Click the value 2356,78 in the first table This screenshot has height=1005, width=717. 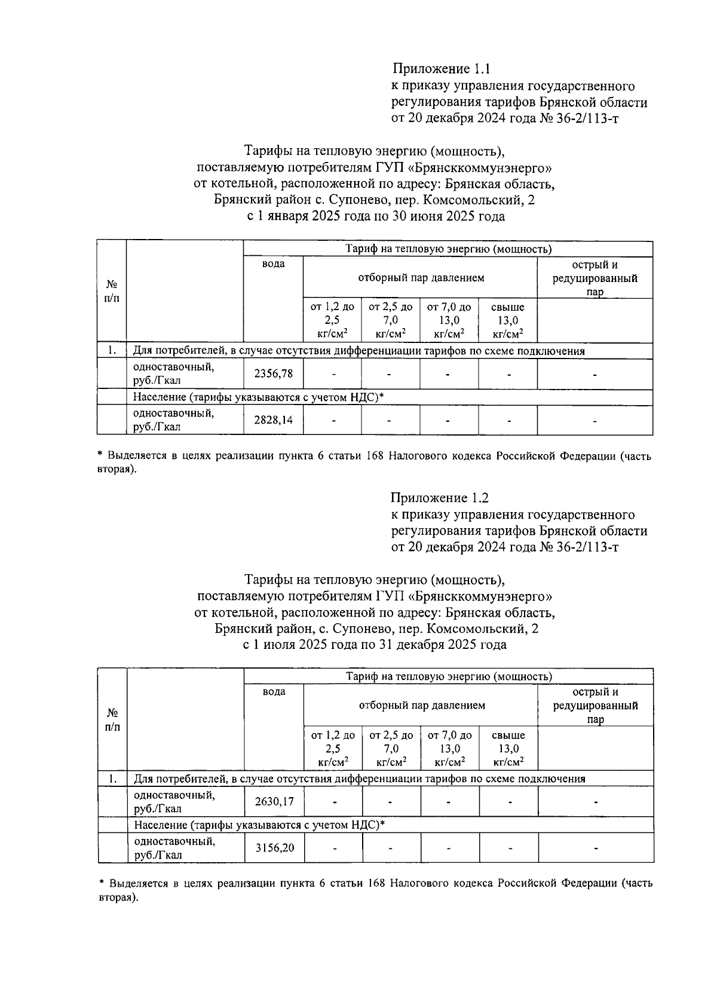[x=273, y=374]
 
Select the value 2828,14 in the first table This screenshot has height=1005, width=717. [x=273, y=420]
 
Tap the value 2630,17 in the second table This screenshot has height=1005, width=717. [x=274, y=802]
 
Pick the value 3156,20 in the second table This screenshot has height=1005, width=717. [x=274, y=848]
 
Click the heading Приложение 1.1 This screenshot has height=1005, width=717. [x=441, y=69]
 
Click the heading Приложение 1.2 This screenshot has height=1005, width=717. [x=440, y=498]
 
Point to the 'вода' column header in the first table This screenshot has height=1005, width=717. [x=273, y=264]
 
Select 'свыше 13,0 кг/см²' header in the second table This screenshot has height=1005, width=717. [x=508, y=749]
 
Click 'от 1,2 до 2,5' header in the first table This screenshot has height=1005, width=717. [x=332, y=320]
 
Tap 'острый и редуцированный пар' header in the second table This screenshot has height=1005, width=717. [x=595, y=706]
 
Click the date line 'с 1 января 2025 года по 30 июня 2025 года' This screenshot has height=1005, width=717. [x=375, y=216]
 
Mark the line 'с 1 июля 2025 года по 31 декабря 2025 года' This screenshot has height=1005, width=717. [x=375, y=645]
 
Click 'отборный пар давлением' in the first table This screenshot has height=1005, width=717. [x=421, y=278]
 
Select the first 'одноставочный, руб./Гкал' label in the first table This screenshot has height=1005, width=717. [x=173, y=374]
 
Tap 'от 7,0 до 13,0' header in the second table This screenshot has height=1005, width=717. [x=450, y=749]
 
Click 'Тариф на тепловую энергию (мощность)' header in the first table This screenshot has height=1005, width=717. [x=448, y=249]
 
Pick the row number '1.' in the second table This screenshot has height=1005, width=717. [x=112, y=779]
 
